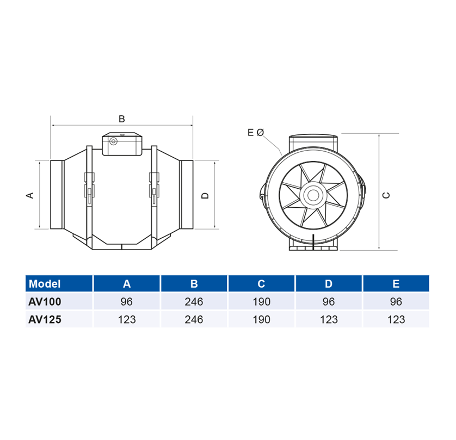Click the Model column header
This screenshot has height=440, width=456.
[45, 284]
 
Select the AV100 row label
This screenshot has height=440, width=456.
[45, 302]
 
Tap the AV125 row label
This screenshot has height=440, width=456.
[45, 319]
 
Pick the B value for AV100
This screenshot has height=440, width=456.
[194, 302]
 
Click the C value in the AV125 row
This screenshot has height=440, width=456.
[261, 319]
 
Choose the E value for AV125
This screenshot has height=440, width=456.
[396, 319]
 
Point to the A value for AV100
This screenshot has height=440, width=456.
[127, 302]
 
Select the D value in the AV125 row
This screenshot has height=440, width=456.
[329, 319]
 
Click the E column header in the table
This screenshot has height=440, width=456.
[396, 284]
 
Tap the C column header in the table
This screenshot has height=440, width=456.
[261, 284]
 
